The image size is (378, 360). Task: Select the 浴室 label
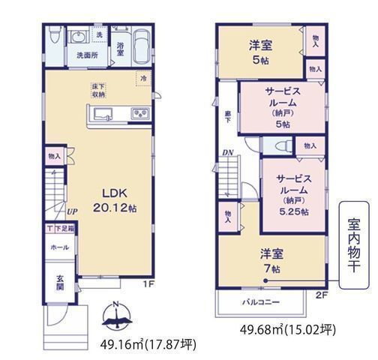(x=120, y=48)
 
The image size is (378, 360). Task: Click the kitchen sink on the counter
(x=103, y=113)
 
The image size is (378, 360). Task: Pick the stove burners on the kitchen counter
(x=140, y=113)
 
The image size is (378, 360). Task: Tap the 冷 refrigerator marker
(x=142, y=78)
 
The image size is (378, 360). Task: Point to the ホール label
(x=59, y=247)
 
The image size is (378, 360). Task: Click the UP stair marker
(x=70, y=212)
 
